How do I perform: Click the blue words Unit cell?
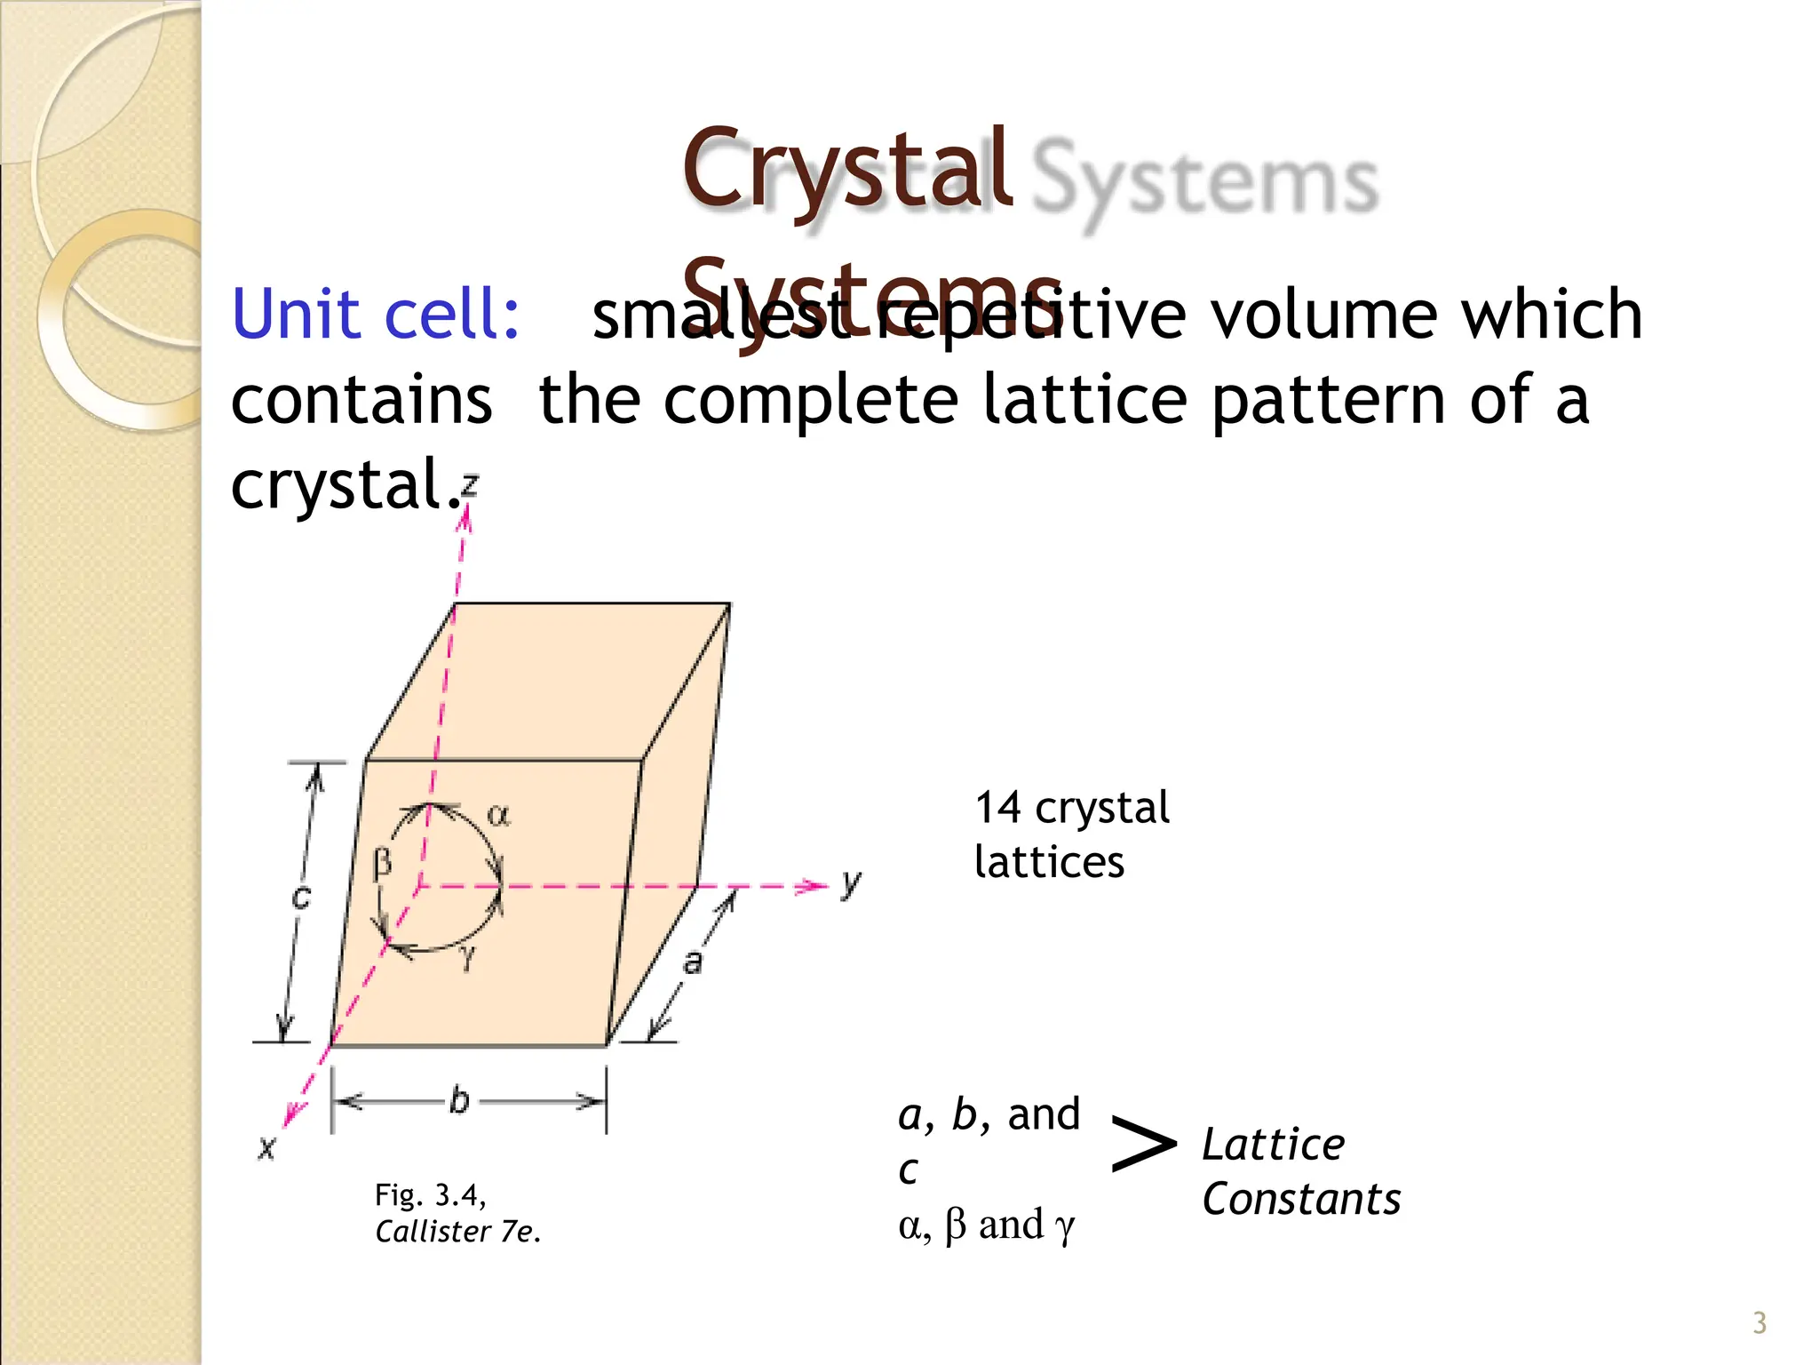click(x=375, y=315)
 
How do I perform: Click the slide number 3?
click(x=1759, y=1323)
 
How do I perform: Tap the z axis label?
click(x=470, y=485)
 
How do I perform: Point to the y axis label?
click(x=851, y=883)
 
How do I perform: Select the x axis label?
click(x=266, y=1147)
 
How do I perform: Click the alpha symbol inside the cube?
click(x=498, y=814)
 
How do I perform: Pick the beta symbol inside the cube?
click(x=382, y=862)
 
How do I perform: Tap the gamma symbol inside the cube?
click(x=468, y=956)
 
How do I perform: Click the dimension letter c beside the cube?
click(x=302, y=897)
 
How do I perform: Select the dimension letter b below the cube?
click(x=458, y=1100)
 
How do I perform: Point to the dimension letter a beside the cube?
click(x=692, y=962)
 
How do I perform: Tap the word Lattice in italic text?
click(x=1273, y=1145)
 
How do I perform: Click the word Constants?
click(x=1301, y=1199)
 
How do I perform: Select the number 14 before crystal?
click(x=997, y=808)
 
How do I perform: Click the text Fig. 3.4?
click(x=430, y=1195)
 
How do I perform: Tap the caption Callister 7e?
click(x=457, y=1232)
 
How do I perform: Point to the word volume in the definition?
click(x=1323, y=315)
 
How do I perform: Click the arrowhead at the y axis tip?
click(x=814, y=886)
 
